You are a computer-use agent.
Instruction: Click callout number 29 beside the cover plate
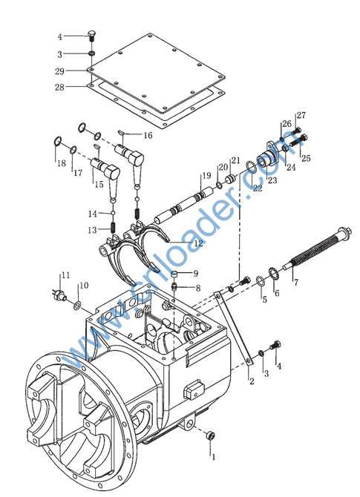coord(59,71)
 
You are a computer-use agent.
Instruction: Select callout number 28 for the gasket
coord(59,88)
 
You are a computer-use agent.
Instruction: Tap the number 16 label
coord(148,135)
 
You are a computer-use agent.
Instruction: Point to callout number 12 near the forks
coord(198,243)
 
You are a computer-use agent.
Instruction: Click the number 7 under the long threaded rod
coord(296,282)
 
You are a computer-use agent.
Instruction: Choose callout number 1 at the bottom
coord(214,457)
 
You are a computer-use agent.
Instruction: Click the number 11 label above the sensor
coord(65,274)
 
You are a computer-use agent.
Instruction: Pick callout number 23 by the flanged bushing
coord(272,180)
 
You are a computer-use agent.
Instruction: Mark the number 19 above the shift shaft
coord(206,175)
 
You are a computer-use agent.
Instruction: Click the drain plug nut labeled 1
coord(209,436)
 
